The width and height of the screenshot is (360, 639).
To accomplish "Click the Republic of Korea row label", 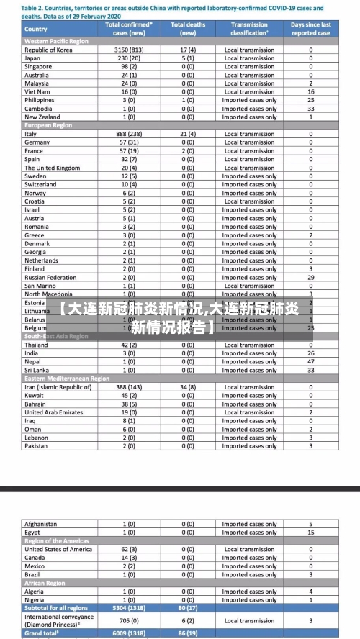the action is click(48, 50).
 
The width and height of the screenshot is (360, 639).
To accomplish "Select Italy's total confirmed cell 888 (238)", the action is click(129, 134).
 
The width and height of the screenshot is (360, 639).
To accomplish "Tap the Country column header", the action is click(35, 30).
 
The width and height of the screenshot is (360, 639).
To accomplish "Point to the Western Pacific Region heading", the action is click(57, 41).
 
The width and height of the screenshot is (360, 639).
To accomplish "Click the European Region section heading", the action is click(48, 125).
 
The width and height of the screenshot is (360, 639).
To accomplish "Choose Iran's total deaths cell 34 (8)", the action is click(187, 387).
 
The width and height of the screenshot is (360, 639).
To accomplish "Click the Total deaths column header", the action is click(187, 29).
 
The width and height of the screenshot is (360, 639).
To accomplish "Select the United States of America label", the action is click(58, 549).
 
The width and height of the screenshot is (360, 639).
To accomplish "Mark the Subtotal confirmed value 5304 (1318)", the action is click(129, 608).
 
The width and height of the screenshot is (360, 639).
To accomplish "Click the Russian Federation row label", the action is click(50, 277).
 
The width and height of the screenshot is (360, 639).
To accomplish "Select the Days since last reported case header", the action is click(311, 29).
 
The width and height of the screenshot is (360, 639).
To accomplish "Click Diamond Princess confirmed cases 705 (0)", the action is click(129, 621).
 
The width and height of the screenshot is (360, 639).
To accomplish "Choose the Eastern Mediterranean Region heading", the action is click(67, 379).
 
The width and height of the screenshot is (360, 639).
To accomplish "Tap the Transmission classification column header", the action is click(249, 29).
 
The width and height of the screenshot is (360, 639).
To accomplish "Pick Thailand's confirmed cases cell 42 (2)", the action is click(129, 345).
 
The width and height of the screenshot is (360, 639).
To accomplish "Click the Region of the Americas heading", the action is click(57, 540).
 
